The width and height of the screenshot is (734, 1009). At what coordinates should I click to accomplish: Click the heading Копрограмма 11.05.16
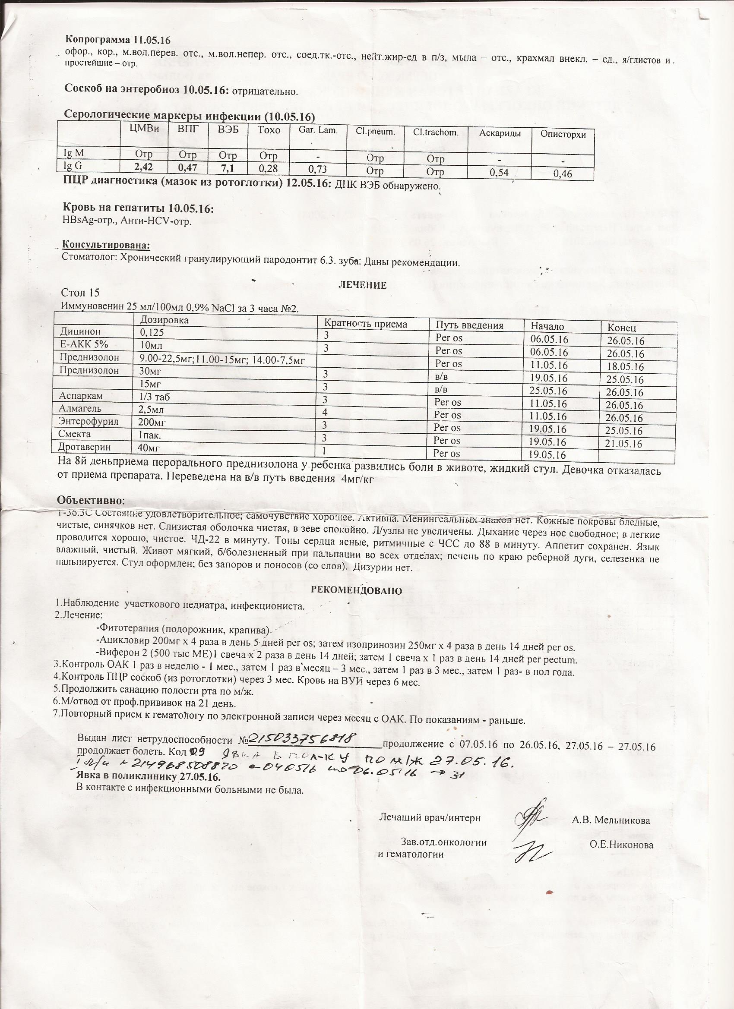tap(118, 40)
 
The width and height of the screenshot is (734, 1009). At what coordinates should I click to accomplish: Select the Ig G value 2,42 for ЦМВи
tap(143, 168)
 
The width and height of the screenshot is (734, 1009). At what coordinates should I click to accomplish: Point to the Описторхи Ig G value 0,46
tap(563, 174)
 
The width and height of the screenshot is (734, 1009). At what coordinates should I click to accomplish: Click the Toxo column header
tap(269, 130)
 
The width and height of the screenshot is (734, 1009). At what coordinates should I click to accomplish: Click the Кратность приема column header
tap(365, 324)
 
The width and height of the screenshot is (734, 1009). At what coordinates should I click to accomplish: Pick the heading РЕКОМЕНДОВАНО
tap(357, 591)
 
